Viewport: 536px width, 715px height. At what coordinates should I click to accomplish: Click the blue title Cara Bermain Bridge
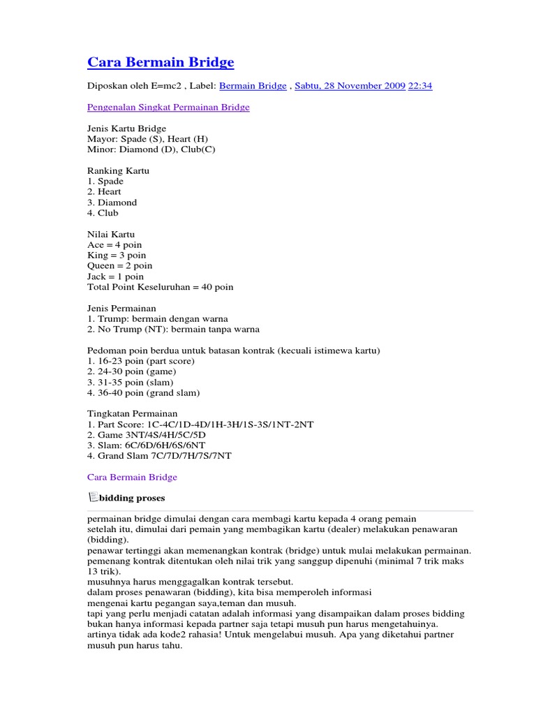pos(161,63)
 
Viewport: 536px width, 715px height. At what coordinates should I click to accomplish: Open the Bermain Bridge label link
pos(253,86)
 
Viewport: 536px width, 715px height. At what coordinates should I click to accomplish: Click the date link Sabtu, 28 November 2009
pos(350,86)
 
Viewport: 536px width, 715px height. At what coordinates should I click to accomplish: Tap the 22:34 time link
pos(420,86)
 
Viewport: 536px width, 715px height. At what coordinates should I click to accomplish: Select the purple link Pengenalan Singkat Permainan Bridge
pos(168,108)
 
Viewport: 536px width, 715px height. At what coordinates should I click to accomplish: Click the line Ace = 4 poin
pos(114,245)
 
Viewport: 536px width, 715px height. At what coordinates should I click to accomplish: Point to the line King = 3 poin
pos(117,256)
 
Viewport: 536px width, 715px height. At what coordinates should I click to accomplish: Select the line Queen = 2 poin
pos(119,266)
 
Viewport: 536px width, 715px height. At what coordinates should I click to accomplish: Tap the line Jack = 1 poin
pos(115,277)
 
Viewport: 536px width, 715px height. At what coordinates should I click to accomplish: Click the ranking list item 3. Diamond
pos(112,202)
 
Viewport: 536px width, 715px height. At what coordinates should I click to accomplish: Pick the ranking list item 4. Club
pos(103,213)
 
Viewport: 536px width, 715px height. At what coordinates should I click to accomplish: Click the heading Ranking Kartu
pos(118,170)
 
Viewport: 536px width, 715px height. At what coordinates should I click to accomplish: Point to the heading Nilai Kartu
pos(111,235)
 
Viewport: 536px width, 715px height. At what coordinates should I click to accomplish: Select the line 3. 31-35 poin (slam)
pos(131,383)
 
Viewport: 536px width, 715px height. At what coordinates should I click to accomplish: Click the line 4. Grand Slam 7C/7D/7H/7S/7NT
pos(159,456)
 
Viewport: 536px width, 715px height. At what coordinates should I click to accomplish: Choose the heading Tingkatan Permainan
pos(133,413)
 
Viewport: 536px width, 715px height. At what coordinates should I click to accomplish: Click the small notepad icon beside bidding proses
pos(93,497)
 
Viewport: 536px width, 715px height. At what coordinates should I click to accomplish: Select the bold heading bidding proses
pos(132,499)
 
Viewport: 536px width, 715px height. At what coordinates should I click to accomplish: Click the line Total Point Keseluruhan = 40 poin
pos(161,287)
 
